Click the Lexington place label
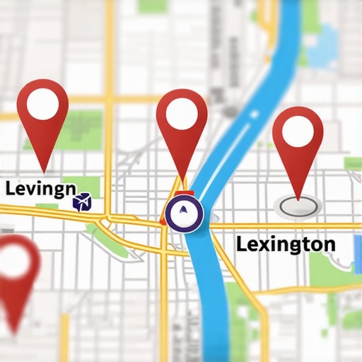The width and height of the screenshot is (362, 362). [x=286, y=245]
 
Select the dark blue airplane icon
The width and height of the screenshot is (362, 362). [x=82, y=203]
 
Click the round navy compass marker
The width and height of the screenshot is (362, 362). [x=184, y=211]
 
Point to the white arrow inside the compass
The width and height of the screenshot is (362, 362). [x=184, y=210]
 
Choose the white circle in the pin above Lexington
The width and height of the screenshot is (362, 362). [x=297, y=132]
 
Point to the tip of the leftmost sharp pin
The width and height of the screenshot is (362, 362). [x=45, y=172]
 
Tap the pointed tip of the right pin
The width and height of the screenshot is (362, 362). [x=300, y=199]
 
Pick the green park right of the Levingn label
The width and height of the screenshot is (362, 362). [x=91, y=185]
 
